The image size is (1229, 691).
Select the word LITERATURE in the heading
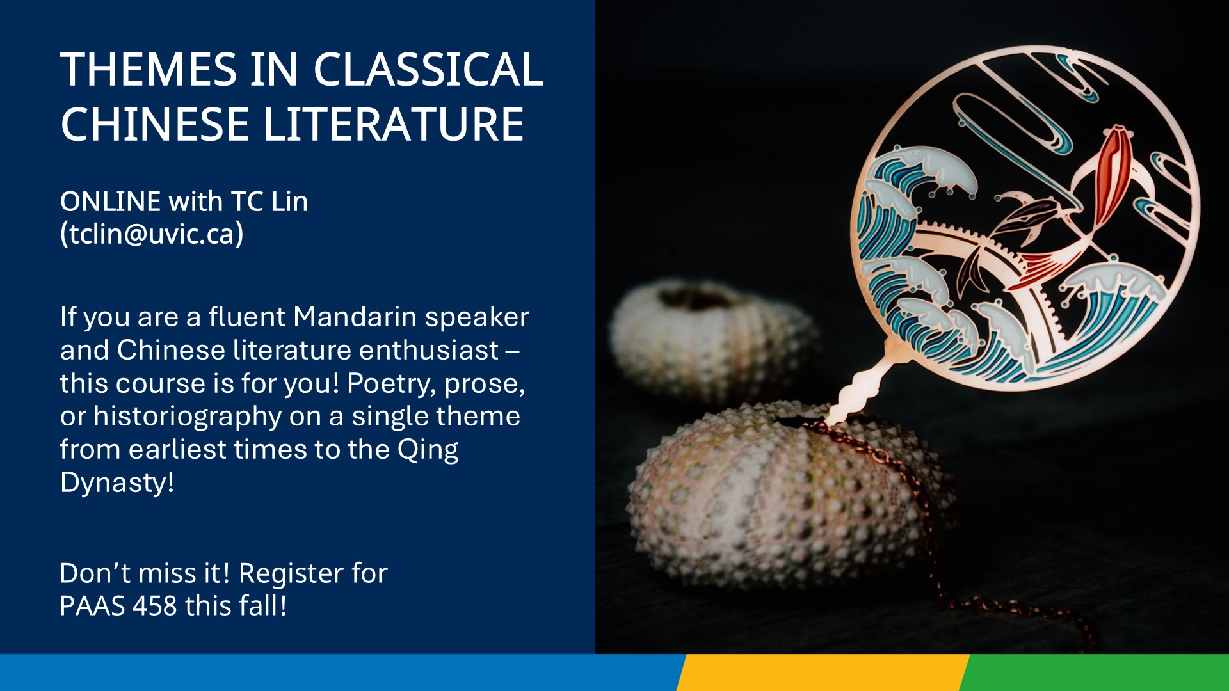[394, 124]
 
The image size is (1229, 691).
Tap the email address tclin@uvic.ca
[152, 234]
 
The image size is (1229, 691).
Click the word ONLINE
[110, 202]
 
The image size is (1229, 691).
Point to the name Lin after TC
[289, 202]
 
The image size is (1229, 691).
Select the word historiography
[188, 417]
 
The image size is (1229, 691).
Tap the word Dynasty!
[117, 483]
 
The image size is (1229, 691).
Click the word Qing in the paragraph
[428, 450]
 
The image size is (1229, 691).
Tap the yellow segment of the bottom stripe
[823, 672]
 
